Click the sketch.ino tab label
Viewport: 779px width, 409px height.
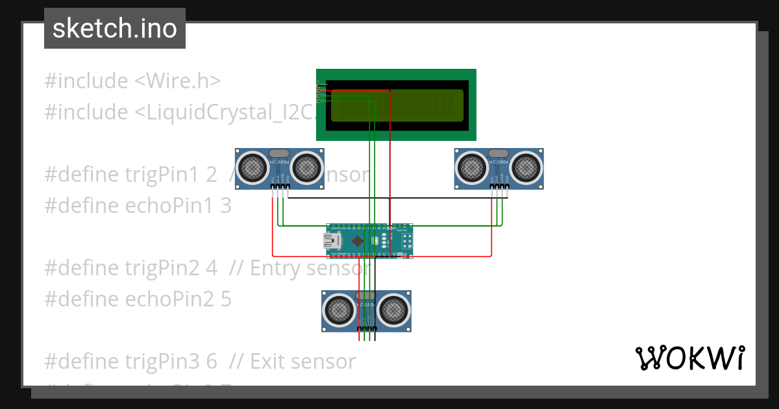114,29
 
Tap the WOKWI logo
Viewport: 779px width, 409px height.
689,358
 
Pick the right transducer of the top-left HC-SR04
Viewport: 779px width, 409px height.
306,168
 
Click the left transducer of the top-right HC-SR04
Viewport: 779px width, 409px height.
472,168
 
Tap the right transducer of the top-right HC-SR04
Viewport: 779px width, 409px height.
526,168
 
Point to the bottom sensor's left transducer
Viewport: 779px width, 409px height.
339,310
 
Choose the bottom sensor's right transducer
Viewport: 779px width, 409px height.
393,310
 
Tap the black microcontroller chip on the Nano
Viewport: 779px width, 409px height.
358,242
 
